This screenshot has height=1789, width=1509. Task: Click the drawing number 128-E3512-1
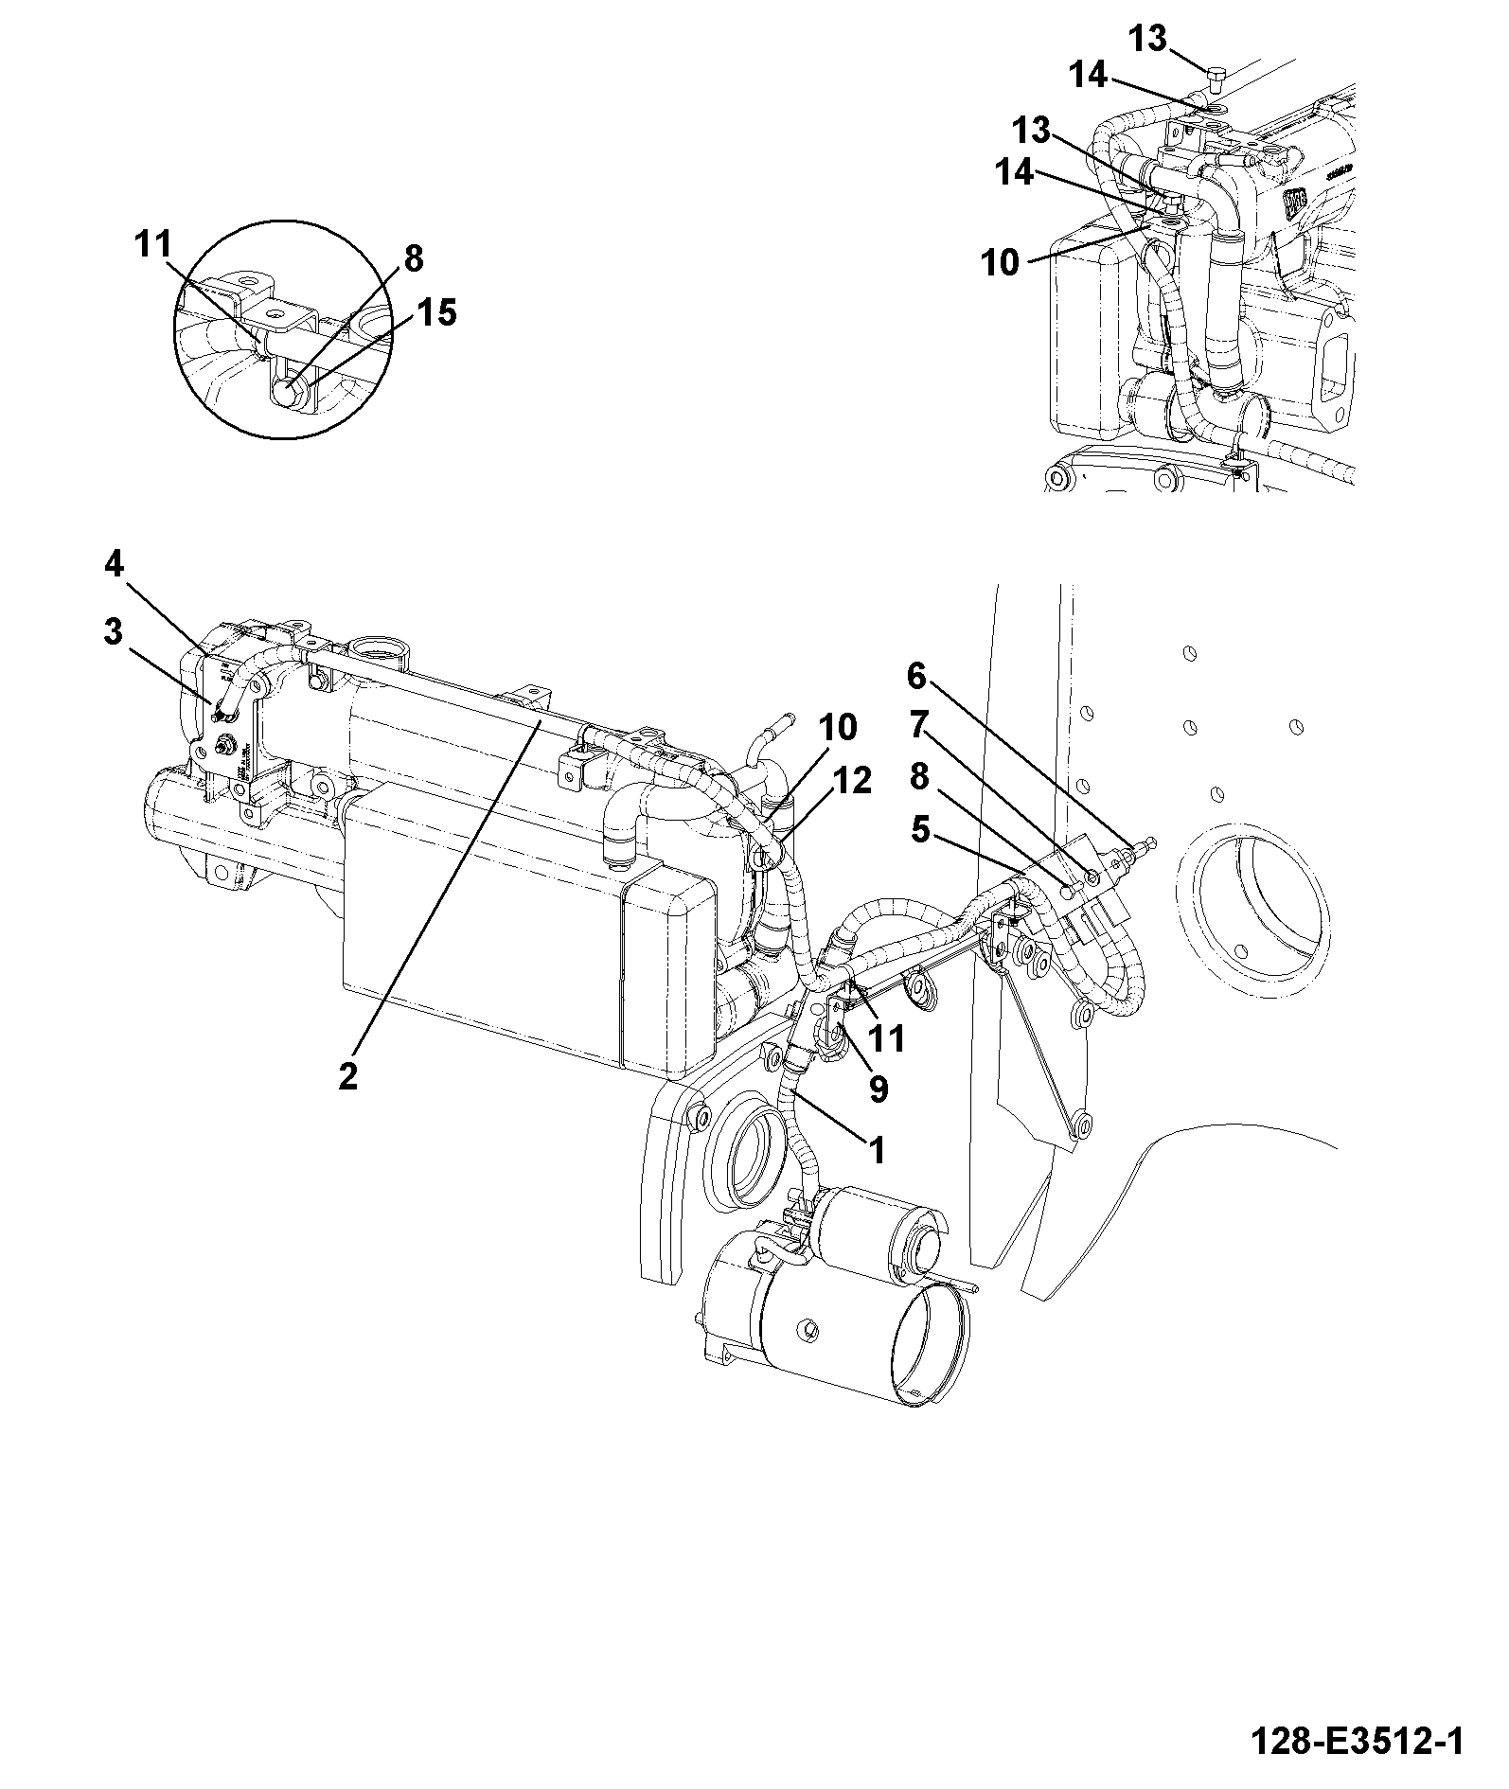click(x=1357, y=1743)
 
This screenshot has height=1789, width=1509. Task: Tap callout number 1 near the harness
click(x=877, y=1151)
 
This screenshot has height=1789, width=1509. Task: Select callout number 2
click(x=348, y=1075)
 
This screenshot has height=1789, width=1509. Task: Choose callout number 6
click(x=915, y=676)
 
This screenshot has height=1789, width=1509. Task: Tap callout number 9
click(x=879, y=1089)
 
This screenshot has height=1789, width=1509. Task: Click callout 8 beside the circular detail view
click(x=413, y=258)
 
